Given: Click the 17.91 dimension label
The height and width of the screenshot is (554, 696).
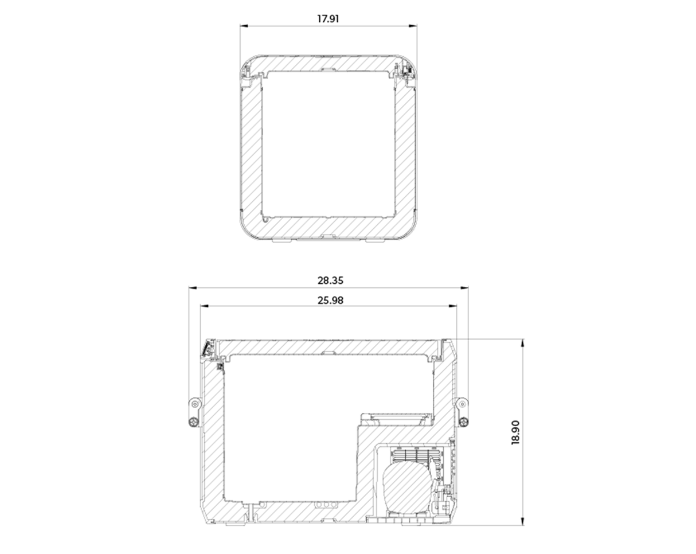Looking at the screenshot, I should click(328, 19).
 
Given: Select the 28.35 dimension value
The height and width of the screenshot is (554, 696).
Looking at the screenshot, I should click(330, 280).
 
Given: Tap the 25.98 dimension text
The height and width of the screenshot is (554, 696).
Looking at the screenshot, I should click(330, 300).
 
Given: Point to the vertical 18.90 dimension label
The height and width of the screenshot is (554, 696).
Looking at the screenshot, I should click(515, 432).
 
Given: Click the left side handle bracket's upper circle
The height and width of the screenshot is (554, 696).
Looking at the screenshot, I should click(194, 404).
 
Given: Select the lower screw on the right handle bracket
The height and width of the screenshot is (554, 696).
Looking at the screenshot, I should click(463, 422).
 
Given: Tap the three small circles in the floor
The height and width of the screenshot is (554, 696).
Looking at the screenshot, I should click(324, 505).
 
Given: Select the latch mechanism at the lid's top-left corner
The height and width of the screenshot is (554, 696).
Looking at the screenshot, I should click(208, 348).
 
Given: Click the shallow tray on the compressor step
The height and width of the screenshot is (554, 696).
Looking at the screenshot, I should click(395, 418).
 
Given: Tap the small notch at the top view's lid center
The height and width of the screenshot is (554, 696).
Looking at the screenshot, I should click(328, 70).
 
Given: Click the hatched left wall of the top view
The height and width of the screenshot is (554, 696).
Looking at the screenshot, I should click(251, 149).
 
